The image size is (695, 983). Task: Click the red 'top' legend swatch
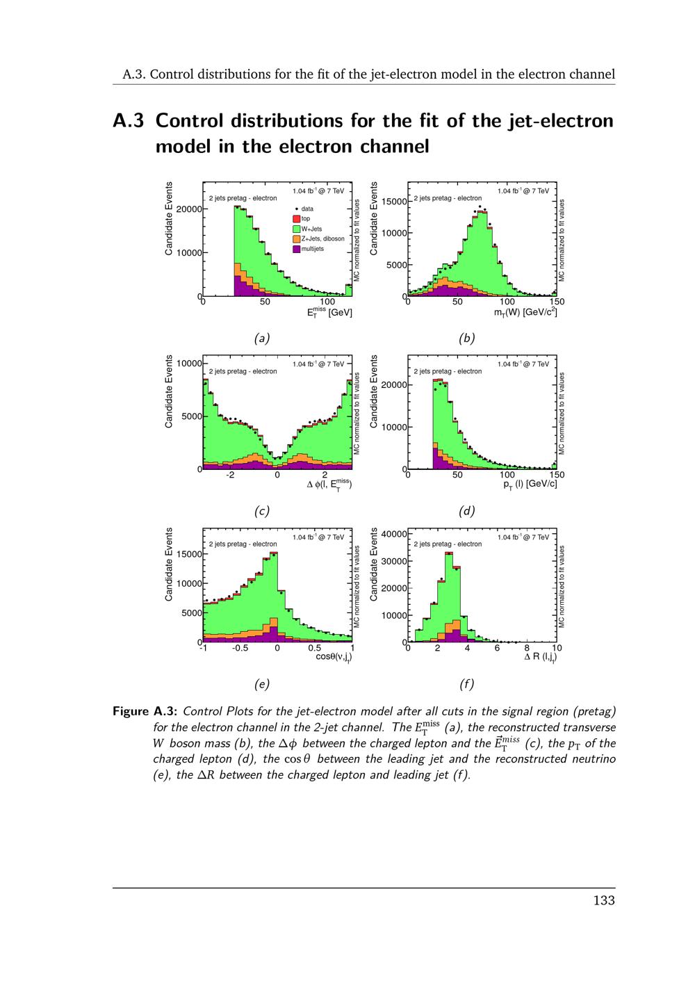click(296, 219)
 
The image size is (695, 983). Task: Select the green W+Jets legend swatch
click(296, 229)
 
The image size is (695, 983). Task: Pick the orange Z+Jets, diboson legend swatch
click(296, 238)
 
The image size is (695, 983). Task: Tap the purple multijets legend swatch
click(296, 248)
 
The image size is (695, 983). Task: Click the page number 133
click(604, 901)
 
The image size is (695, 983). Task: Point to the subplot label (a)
click(261, 339)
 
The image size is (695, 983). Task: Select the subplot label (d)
click(466, 511)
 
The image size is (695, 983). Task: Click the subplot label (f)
click(466, 684)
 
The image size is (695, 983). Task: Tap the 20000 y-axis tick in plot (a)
click(188, 209)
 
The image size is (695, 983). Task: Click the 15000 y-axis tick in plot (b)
click(393, 202)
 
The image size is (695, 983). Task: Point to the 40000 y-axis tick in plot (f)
click(393, 534)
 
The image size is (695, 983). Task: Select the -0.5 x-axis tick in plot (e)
click(240, 648)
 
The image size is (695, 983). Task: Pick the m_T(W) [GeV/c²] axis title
click(525, 313)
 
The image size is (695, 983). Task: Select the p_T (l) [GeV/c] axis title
click(530, 485)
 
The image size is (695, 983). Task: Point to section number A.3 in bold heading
click(129, 121)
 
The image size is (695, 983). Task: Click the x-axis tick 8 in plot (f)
click(527, 648)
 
